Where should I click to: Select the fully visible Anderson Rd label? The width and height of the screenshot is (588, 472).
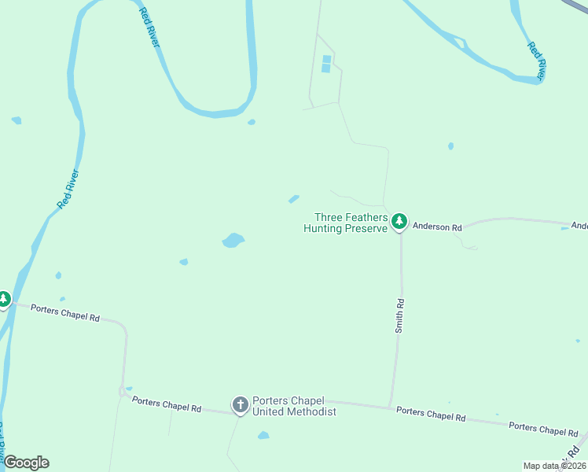point(437,227)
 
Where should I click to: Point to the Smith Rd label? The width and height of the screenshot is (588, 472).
point(400,316)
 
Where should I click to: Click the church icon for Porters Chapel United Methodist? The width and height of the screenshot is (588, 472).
point(240,405)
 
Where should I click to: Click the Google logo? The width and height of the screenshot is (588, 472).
point(26,463)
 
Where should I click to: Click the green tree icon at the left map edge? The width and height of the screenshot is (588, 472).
point(4,300)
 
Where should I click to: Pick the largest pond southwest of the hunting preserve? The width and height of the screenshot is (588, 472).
point(233,240)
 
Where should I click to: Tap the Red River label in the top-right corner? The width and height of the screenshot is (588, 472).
point(536,60)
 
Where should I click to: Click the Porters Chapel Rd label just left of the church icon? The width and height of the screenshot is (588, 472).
point(167,404)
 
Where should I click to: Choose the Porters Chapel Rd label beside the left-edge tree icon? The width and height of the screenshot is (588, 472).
point(65,313)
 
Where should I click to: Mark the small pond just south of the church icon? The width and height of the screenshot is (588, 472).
point(263,435)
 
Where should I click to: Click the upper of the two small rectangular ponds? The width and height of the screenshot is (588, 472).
point(326,58)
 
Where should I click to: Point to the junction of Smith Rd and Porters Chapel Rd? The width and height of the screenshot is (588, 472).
point(391,407)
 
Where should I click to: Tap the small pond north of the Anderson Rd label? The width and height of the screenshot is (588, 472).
point(450,146)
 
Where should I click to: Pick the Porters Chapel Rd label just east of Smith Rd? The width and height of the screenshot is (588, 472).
point(431,414)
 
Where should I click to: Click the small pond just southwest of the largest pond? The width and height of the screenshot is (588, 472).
point(184,261)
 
